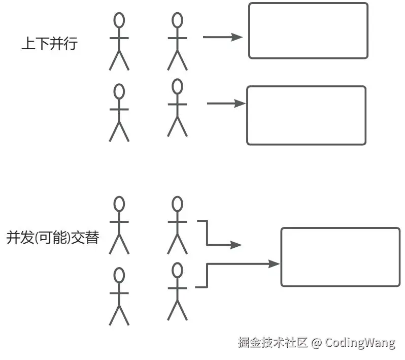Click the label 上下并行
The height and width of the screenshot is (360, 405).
click(x=49, y=44)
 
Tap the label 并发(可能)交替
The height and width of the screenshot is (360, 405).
click(x=52, y=238)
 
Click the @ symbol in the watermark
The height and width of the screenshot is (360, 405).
click(x=316, y=343)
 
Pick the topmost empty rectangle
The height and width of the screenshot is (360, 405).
click(x=308, y=30)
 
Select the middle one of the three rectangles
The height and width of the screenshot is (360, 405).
click(x=306, y=115)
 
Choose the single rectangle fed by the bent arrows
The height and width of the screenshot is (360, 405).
click(x=340, y=257)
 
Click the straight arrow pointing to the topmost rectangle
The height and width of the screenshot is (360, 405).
click(x=222, y=37)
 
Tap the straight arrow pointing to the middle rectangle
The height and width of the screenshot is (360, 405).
click(x=226, y=104)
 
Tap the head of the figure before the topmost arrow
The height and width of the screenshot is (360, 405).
click(x=177, y=20)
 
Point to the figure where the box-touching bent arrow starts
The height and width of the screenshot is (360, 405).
click(x=177, y=291)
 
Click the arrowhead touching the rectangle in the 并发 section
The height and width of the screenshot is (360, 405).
click(x=275, y=264)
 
